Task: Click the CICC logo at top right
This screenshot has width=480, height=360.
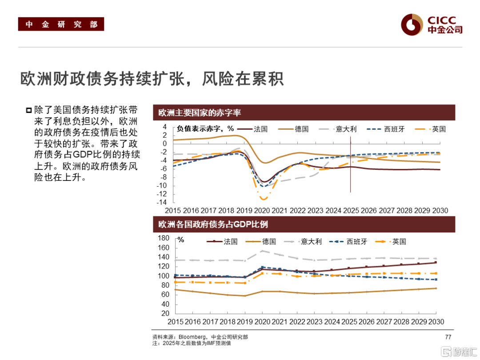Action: (x=431, y=24)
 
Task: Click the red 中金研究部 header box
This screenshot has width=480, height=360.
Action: (x=61, y=24)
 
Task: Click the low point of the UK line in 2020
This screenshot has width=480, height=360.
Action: (x=264, y=199)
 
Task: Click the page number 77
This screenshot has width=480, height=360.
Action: (x=448, y=337)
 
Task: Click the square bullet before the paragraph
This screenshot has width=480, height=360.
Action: (x=29, y=110)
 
